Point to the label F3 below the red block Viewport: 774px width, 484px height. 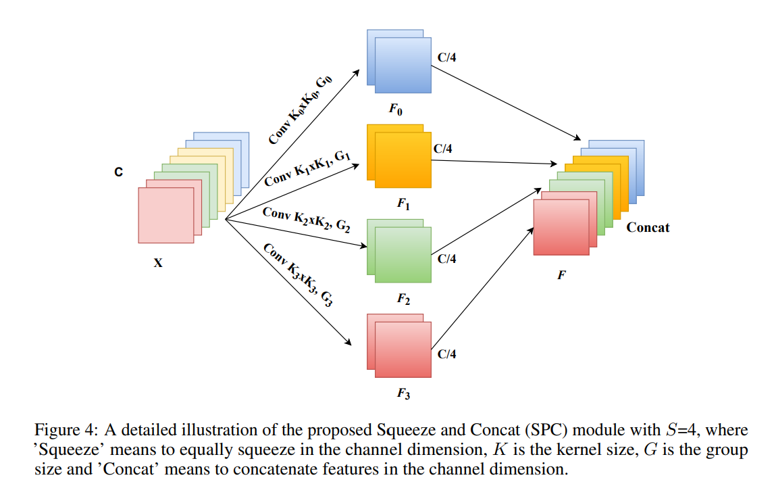[x=403, y=393]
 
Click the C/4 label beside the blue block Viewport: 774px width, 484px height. [x=446, y=57]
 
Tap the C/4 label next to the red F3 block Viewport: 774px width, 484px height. [x=446, y=354]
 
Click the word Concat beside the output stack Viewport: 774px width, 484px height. [x=648, y=227]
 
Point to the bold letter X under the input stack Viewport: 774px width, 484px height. [x=157, y=263]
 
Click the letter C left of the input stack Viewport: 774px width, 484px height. [x=118, y=173]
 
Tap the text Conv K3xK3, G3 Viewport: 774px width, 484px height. [x=299, y=274]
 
